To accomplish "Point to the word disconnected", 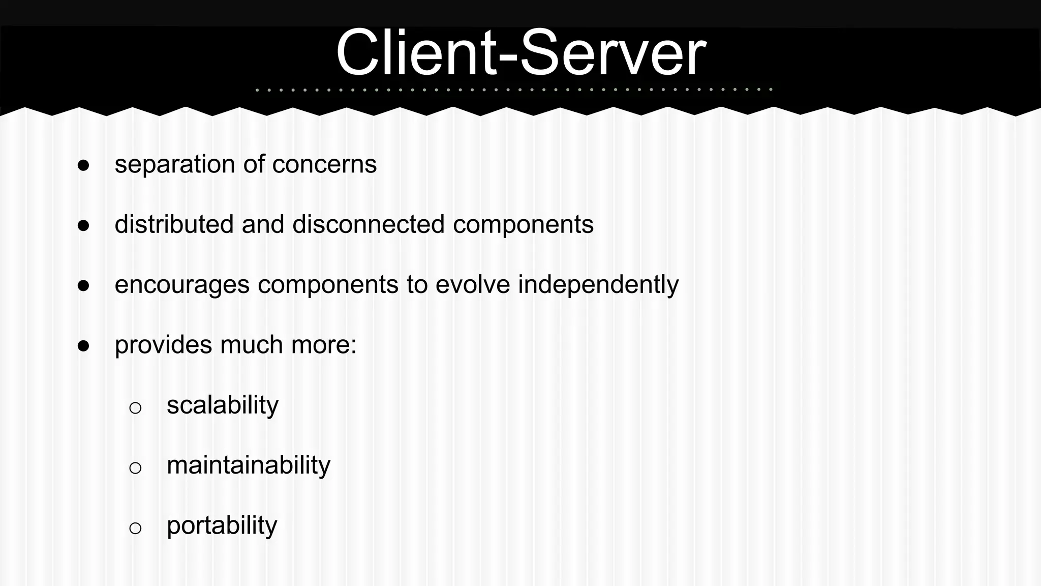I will [x=369, y=224].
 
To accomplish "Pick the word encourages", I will [x=182, y=285].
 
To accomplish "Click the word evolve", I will [x=473, y=284].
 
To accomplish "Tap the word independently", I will [x=598, y=285].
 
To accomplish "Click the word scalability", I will [x=223, y=405].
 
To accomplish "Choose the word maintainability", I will [x=249, y=465].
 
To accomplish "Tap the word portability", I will [x=222, y=526].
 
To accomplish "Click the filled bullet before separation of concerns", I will [x=84, y=165].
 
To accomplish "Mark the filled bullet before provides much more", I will [x=84, y=346].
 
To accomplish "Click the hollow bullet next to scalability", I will [x=135, y=407].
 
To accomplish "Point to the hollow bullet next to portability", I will [x=135, y=528].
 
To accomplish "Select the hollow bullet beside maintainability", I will [x=135, y=467].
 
